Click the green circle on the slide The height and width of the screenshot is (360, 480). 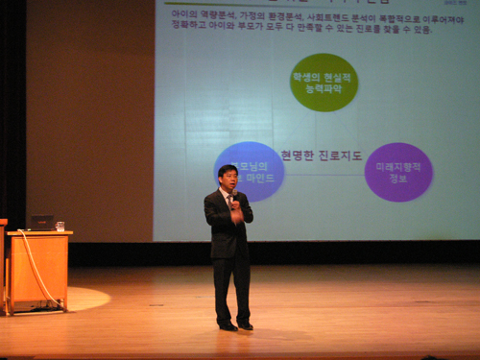click(324, 83)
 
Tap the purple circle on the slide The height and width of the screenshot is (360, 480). click(398, 171)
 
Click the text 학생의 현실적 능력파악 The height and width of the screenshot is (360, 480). click(324, 83)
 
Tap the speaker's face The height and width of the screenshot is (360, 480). click(228, 179)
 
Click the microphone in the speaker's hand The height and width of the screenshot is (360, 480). click(233, 199)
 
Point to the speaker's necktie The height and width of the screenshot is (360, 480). click(229, 201)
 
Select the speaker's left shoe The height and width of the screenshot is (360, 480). click(245, 326)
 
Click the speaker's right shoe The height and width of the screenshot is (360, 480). click(227, 326)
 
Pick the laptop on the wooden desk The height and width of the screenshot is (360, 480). click(41, 223)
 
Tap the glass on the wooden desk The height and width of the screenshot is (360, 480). click(60, 227)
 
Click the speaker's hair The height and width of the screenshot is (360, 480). click(227, 169)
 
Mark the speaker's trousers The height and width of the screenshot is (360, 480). click(231, 288)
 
